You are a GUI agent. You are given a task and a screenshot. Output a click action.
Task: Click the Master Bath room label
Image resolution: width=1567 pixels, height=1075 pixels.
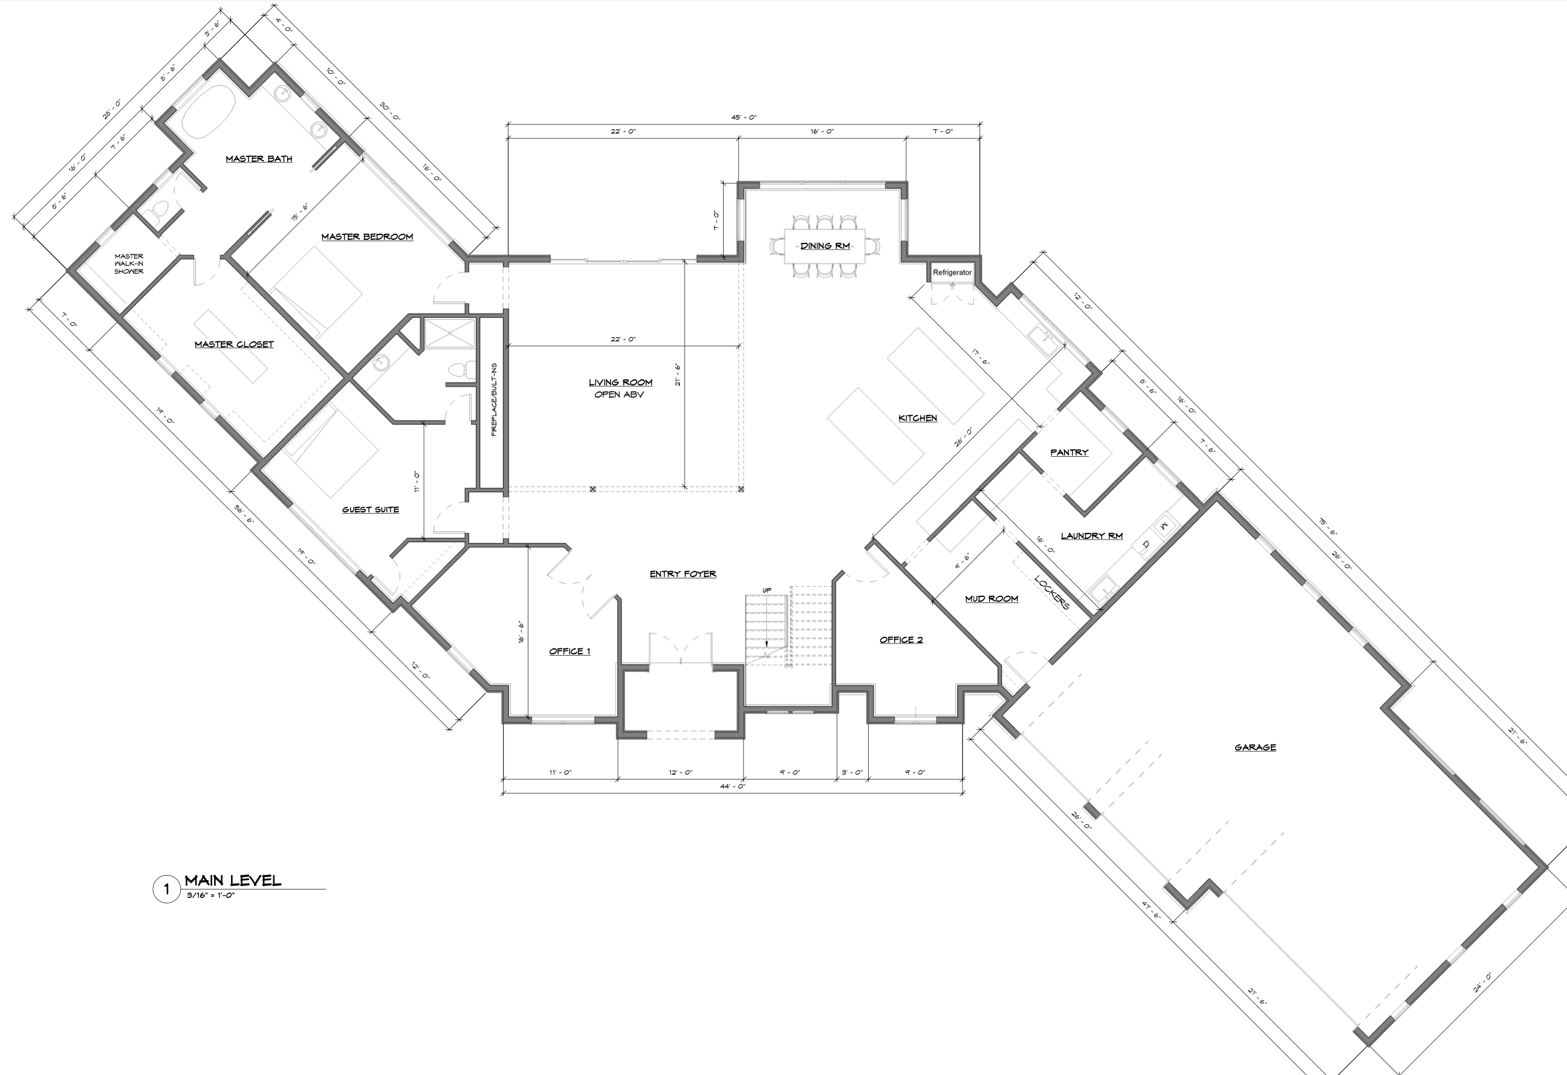pyautogui.click(x=259, y=159)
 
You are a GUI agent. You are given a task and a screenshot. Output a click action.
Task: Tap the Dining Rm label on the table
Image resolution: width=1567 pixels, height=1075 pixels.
pyautogui.click(x=825, y=246)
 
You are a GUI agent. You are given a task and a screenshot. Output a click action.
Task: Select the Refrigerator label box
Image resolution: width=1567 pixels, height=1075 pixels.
pyautogui.click(x=952, y=273)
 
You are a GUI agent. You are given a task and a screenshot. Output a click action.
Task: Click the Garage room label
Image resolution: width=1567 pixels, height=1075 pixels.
pyautogui.click(x=1255, y=747)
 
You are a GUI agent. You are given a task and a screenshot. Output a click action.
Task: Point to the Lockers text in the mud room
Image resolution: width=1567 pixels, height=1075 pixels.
pyautogui.click(x=1052, y=592)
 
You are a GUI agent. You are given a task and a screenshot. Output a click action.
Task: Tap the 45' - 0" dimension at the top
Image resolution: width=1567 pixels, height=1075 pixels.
pyautogui.click(x=744, y=117)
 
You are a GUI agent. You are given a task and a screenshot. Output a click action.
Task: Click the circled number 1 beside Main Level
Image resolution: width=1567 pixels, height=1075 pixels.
pyautogui.click(x=166, y=889)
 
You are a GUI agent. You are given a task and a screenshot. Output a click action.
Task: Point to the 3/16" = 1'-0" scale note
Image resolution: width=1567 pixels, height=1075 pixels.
pyautogui.click(x=211, y=896)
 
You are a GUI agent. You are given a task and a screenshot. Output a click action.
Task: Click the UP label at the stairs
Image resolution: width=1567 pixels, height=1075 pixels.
pyautogui.click(x=767, y=590)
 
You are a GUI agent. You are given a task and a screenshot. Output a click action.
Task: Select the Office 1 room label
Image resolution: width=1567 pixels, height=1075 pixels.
pyautogui.click(x=569, y=651)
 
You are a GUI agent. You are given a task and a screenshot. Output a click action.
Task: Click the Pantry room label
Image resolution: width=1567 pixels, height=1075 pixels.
pyautogui.click(x=1069, y=452)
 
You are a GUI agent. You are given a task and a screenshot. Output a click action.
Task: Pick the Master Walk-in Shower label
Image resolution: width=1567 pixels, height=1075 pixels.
pyautogui.click(x=129, y=263)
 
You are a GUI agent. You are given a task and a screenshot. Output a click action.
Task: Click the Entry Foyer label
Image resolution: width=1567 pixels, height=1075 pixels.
pyautogui.click(x=683, y=574)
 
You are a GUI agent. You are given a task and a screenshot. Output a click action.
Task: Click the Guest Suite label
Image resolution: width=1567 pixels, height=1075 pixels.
pyautogui.click(x=370, y=509)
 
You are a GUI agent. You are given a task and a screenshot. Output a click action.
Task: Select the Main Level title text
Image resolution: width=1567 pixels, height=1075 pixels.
pyautogui.click(x=233, y=880)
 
